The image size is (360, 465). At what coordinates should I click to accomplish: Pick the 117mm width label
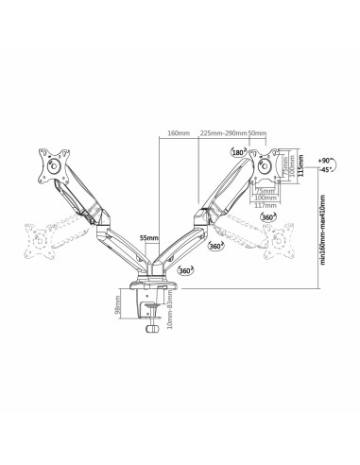(266, 204)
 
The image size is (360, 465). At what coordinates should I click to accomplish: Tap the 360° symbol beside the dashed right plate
(268, 218)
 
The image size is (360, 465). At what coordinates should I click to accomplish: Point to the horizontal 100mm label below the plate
(266, 197)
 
